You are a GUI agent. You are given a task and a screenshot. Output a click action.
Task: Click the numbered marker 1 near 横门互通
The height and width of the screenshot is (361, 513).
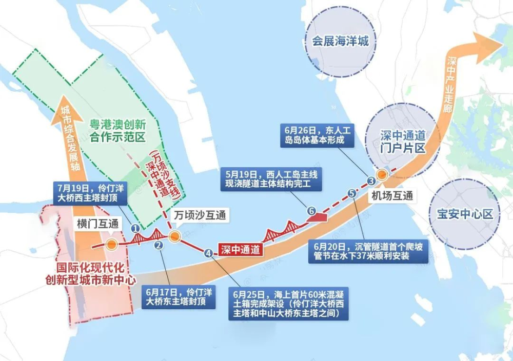[135, 228]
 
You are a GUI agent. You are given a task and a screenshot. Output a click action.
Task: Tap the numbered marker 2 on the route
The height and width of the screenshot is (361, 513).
[159, 245]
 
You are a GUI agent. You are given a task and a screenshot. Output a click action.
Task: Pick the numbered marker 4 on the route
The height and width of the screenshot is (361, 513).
[208, 252]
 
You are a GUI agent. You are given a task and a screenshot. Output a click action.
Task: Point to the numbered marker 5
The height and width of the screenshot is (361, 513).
[351, 194]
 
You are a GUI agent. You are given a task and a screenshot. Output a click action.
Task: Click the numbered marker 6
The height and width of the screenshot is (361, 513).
[311, 210]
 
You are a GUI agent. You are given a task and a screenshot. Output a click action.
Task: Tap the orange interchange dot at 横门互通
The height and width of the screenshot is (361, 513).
[111, 245]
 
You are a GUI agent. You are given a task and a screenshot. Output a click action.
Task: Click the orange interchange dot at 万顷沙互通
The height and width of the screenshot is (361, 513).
[174, 236]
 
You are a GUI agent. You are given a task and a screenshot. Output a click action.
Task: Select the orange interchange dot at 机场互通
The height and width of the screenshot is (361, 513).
[382, 175]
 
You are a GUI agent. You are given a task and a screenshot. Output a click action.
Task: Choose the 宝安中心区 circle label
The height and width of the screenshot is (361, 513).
[466, 213]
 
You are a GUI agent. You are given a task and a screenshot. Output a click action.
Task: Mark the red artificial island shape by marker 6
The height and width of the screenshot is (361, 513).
[318, 218]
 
